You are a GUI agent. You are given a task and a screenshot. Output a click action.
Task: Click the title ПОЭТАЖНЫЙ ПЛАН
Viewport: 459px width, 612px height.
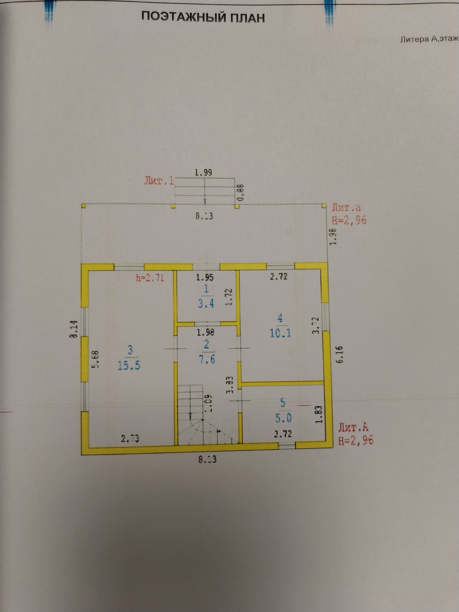203,18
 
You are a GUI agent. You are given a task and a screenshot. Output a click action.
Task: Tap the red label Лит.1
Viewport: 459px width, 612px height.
159,181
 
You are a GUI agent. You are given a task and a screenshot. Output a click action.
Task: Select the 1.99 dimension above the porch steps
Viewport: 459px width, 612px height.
203,173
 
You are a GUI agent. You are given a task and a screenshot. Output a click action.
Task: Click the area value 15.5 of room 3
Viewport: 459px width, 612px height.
129,366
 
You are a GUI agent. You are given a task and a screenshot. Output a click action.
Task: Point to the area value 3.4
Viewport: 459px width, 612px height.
206,304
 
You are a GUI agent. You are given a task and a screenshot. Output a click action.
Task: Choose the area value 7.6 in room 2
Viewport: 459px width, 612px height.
207,360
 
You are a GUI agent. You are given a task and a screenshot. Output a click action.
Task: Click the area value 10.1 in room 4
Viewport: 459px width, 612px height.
280,333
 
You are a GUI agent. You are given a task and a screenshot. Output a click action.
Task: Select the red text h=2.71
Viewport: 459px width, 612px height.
150,278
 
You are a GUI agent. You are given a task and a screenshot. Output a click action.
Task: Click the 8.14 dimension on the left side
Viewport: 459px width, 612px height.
73,329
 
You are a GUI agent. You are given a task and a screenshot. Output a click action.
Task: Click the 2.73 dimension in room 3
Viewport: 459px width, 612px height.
130,439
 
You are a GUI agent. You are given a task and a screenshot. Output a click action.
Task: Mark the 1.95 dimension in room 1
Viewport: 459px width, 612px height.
205,278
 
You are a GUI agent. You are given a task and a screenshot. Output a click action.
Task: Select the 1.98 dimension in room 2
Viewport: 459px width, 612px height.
206,332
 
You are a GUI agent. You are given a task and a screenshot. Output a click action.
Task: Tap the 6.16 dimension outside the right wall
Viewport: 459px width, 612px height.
340,354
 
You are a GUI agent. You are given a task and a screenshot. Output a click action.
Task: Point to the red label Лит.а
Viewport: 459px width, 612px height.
346,207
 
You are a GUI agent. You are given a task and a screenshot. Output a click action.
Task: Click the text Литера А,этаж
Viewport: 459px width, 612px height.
429,39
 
